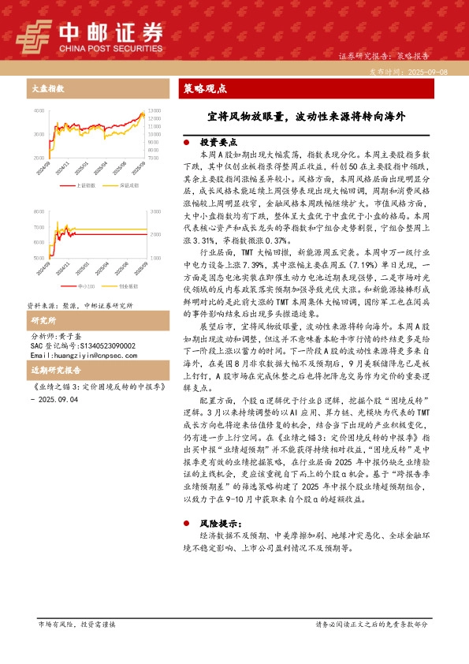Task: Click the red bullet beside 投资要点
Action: click(186, 143)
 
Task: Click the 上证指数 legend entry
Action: click(84, 185)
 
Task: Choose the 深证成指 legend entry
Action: click(128, 185)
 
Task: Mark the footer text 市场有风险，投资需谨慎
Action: click(76, 624)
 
